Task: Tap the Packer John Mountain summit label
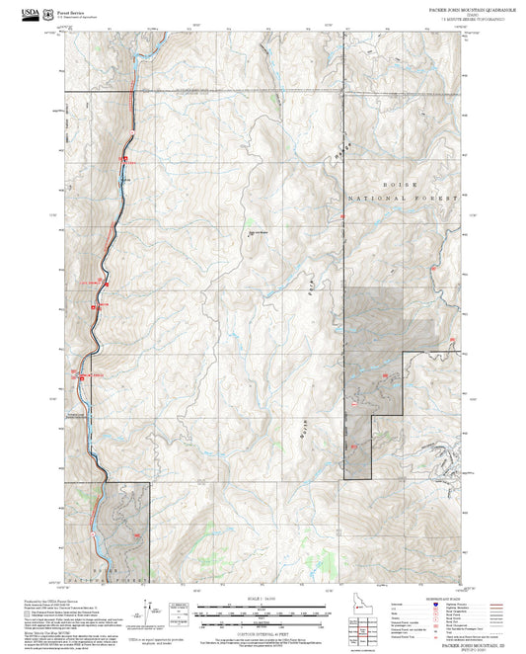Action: pyautogui.click(x=258, y=233)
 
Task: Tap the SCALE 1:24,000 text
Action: pyautogui.click(x=263, y=598)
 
